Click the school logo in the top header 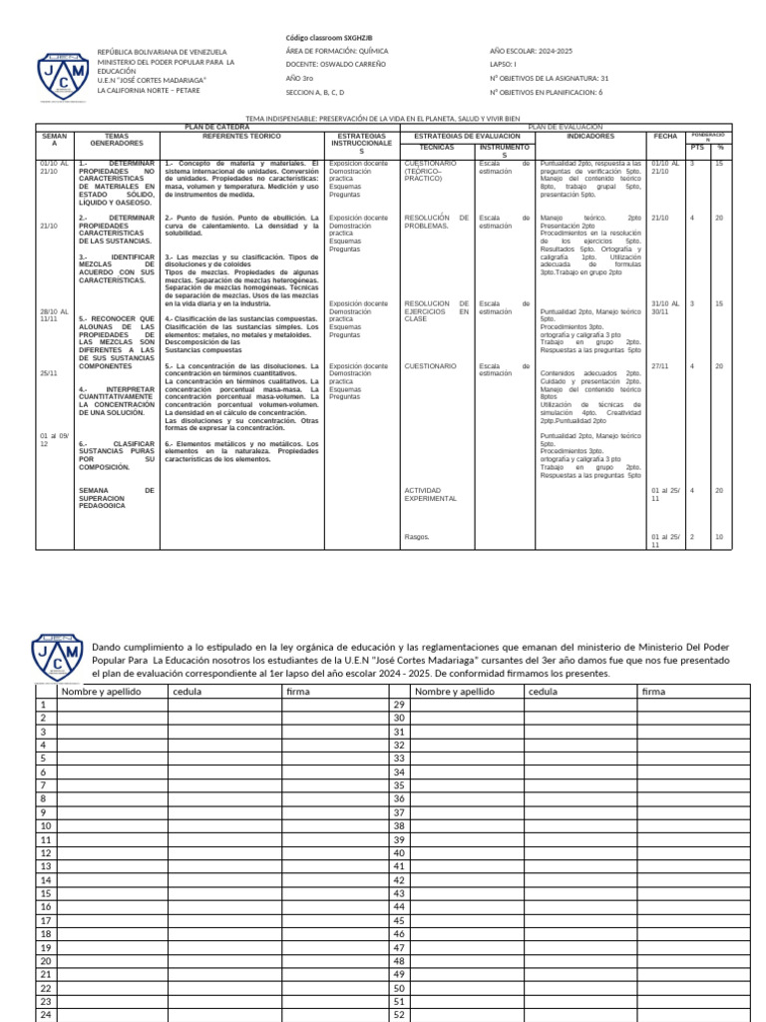click(61, 71)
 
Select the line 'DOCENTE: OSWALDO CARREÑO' click(335, 63)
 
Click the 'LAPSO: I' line click(504, 63)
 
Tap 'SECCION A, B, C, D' click(321, 91)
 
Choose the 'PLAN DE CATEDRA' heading click(217, 128)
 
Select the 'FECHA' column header click(664, 136)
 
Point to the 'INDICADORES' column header click(590, 135)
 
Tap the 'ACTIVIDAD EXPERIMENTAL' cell click(431, 494)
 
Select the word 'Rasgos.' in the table click(417, 537)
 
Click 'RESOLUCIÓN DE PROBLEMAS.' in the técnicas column click(436, 222)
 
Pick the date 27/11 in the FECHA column click(659, 366)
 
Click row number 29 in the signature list click(398, 705)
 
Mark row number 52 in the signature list click(398, 1014)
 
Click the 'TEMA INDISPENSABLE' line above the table click(383, 118)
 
